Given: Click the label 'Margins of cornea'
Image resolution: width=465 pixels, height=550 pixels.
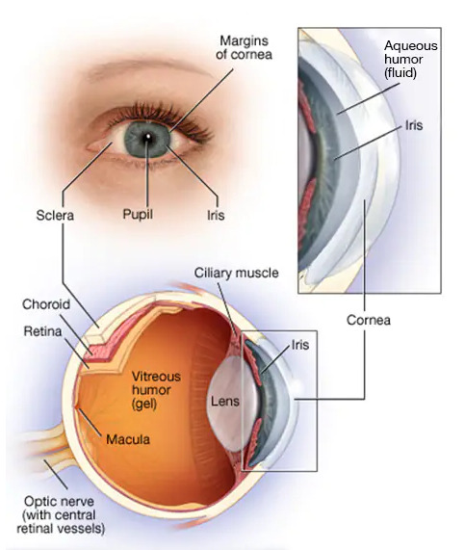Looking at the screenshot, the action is (245, 48).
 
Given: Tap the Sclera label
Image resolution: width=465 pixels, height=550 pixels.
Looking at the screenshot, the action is (55, 215).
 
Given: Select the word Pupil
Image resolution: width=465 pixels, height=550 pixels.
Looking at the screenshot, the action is (138, 214).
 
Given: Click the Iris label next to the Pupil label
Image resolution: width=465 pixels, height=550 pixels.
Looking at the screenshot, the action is (216, 215).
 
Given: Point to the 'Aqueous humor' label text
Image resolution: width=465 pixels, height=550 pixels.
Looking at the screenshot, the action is (411, 52).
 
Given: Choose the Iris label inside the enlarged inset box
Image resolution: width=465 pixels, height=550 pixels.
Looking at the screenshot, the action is (414, 125).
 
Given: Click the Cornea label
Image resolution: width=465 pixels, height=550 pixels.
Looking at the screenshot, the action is (369, 320).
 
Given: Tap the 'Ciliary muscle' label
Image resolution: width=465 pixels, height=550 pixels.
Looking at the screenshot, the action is (237, 273).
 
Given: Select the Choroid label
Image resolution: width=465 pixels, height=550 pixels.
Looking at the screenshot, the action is (46, 304).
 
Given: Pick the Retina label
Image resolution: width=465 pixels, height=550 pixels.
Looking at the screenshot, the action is (42, 331).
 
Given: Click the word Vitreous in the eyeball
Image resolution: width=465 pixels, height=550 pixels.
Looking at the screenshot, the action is (156, 377).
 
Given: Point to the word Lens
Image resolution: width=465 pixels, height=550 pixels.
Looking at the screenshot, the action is (225, 402).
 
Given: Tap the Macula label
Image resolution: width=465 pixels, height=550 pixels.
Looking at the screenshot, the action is (128, 439).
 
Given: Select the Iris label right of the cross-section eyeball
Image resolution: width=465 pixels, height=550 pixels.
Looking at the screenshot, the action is (300, 345).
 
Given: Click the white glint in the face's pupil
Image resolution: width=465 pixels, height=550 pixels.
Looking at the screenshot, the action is (148, 137).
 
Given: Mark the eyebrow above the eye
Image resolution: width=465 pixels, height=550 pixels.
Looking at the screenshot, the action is (147, 69).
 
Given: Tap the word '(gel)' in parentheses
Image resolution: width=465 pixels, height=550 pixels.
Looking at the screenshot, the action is (144, 405).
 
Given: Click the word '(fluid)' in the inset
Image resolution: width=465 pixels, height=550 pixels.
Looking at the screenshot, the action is (400, 72).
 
